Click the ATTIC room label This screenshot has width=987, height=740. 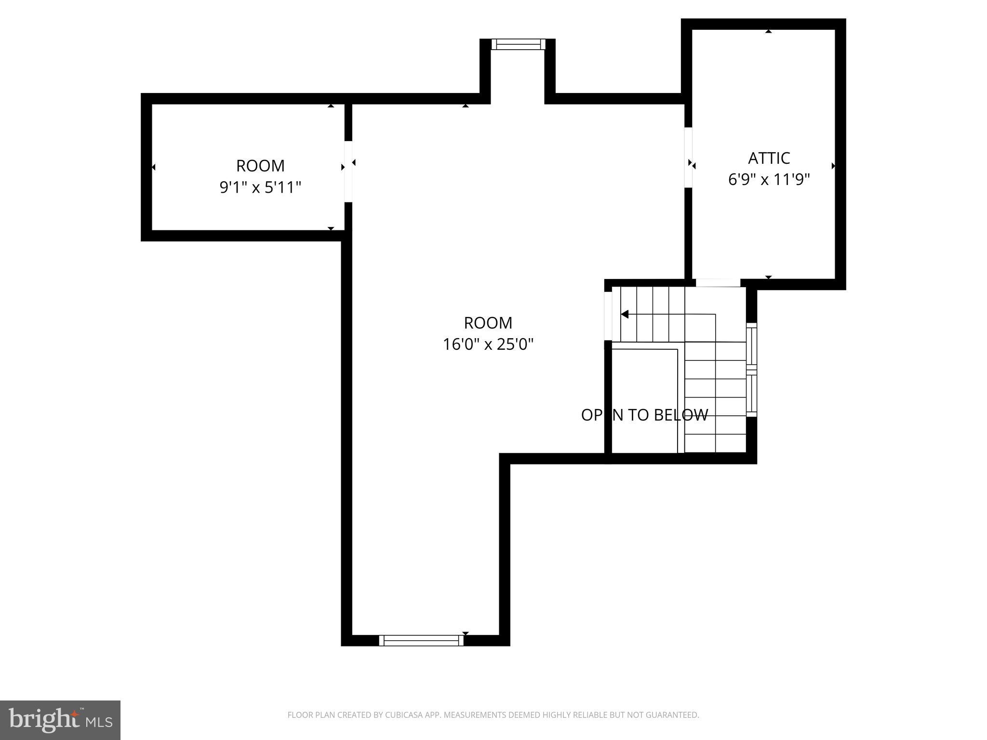pyautogui.click(x=769, y=158)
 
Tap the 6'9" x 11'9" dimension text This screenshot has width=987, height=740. pyautogui.click(x=769, y=180)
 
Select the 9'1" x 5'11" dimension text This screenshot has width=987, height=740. pyautogui.click(x=260, y=187)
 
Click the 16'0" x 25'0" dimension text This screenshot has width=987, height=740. pyautogui.click(x=488, y=344)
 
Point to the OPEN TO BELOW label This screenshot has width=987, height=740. pyautogui.click(x=644, y=415)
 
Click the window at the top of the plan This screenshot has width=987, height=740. pyautogui.click(x=518, y=44)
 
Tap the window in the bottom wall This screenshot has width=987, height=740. pyautogui.click(x=421, y=640)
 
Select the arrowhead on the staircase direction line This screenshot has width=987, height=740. pyautogui.click(x=625, y=314)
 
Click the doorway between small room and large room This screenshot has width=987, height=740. pyautogui.click(x=348, y=171)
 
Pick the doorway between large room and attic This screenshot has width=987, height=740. pyautogui.click(x=688, y=157)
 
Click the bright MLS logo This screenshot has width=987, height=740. pyautogui.click(x=60, y=720)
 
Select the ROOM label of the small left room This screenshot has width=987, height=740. pyautogui.click(x=260, y=166)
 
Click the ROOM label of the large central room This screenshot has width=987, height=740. pyautogui.click(x=488, y=322)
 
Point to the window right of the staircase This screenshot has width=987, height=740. pyautogui.click(x=751, y=370)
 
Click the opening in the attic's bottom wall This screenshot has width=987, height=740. pyautogui.click(x=718, y=283)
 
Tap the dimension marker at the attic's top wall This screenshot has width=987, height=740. pyautogui.click(x=769, y=31)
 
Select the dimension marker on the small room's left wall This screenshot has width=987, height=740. pyautogui.click(x=154, y=167)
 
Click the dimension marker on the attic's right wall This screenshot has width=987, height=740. pyautogui.click(x=833, y=166)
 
